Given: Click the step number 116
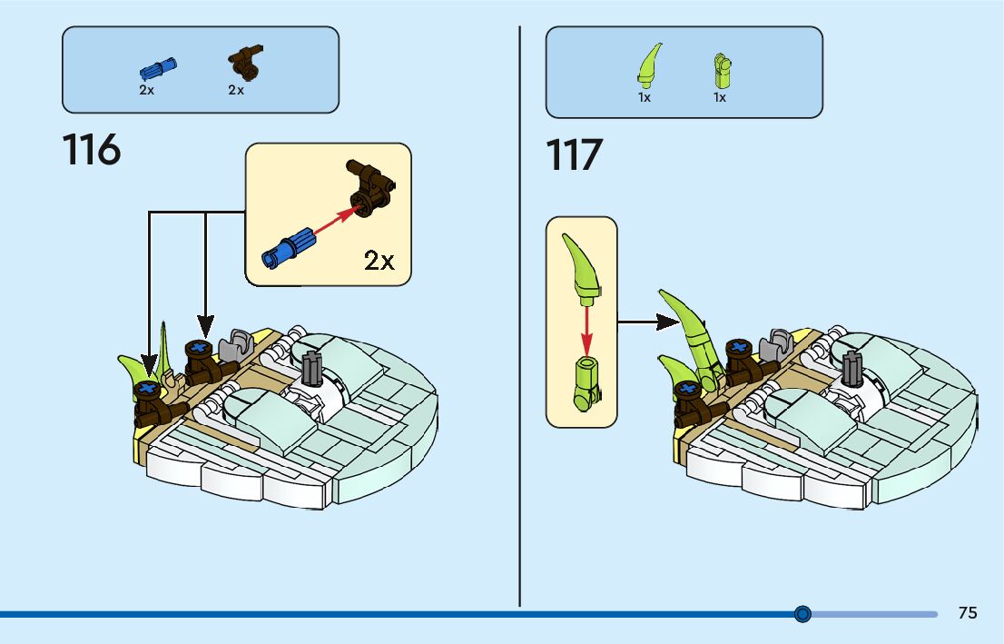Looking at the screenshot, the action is click(x=92, y=150).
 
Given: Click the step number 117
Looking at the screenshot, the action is click(x=575, y=155).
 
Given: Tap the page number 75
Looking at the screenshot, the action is click(x=968, y=613).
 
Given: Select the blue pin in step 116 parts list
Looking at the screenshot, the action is click(x=157, y=68).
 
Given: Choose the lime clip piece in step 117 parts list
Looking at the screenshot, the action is click(x=722, y=70).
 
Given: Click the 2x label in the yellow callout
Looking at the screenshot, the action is click(x=379, y=261).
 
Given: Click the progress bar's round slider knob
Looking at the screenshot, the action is click(x=802, y=614).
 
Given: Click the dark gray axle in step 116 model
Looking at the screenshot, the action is click(x=311, y=369).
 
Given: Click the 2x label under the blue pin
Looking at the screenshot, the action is click(x=146, y=91).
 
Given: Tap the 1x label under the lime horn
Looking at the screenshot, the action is click(x=645, y=97).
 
